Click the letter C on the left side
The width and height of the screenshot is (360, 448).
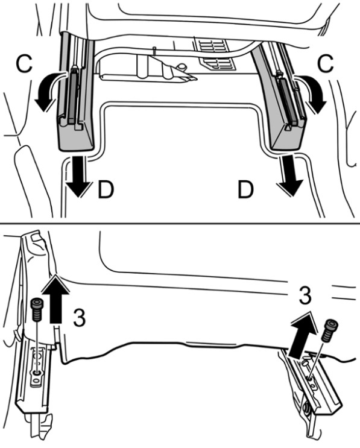[x=24, y=63]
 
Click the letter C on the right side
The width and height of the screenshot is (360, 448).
[x=326, y=63]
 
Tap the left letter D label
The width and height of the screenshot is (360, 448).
[x=106, y=189]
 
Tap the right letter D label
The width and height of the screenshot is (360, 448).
[x=245, y=189]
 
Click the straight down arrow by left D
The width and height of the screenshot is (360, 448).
[x=78, y=176]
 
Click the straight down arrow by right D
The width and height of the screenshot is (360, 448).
[x=289, y=175]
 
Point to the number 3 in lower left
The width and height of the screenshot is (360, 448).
[x=79, y=317]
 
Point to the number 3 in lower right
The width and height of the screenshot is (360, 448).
[x=305, y=295]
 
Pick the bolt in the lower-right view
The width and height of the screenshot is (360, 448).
[x=330, y=330]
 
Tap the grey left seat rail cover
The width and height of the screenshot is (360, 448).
[x=77, y=94]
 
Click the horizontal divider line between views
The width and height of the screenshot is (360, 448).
[x=180, y=223]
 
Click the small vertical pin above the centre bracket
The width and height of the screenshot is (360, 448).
[x=154, y=51]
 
